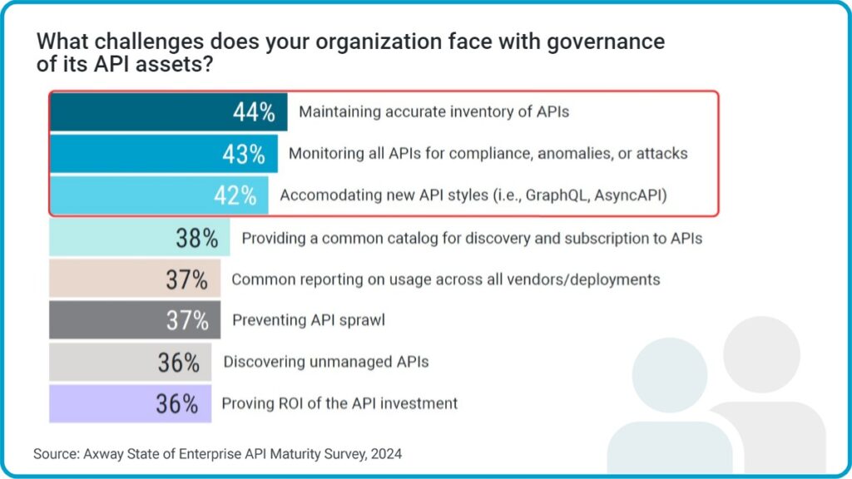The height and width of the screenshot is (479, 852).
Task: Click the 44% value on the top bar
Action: point(254,113)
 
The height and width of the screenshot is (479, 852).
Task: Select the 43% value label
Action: point(244,154)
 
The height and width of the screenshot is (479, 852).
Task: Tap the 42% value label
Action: point(235,195)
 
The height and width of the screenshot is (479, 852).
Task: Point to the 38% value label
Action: point(196,239)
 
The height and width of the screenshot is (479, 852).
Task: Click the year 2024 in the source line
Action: point(388,454)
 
